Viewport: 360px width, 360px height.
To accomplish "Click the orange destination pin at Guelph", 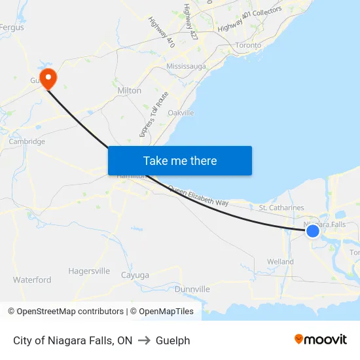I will pos(48,79).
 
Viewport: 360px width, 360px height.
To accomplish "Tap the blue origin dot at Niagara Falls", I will pos(313,230).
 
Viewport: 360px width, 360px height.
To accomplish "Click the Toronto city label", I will pos(248,45).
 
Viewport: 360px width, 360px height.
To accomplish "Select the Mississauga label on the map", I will pos(187,67).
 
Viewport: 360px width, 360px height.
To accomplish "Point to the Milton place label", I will pos(129,90).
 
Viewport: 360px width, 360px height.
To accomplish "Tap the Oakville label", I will pos(181,113).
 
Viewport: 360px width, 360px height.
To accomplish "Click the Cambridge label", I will pos(27,141).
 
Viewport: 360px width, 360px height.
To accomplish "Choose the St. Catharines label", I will pos(281,207).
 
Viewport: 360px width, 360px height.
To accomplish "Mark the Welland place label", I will pos(280,262).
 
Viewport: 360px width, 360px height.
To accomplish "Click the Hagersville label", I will pos(89,271).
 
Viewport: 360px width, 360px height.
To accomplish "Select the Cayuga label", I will pos(135,276).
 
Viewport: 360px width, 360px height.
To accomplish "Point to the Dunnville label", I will pos(192,289).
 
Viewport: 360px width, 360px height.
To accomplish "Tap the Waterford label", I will pos(32,279).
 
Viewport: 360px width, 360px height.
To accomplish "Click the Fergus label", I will pos(12,27).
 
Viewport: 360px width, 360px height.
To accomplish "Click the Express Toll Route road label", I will pos(154,115).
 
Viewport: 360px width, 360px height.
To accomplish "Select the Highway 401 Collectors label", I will pos(249,19).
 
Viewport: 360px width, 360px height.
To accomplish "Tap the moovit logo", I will pos(320,340).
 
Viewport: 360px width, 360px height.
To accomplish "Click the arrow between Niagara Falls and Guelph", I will pos(144,340).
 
